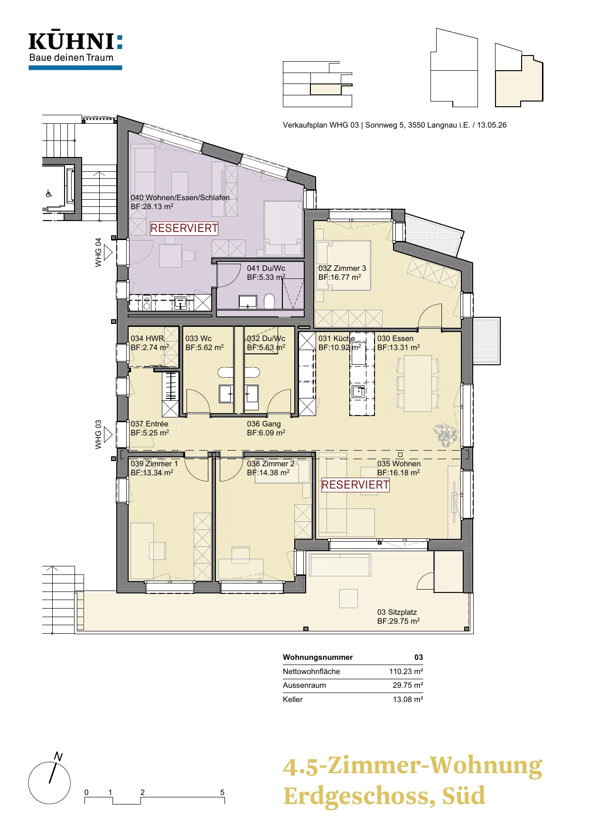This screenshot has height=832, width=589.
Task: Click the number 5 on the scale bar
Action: pos(222,792)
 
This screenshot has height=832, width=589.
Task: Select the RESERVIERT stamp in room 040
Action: pos(184,228)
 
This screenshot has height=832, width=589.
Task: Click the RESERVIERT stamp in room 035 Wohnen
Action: pos(355,485)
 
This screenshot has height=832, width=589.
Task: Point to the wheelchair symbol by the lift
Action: pos(48,193)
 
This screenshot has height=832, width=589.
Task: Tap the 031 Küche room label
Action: pos(337,338)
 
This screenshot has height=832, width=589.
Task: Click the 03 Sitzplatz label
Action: pos(397,612)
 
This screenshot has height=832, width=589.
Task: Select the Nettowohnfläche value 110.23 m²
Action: pos(406,671)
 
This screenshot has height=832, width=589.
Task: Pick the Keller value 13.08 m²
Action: pos(408,699)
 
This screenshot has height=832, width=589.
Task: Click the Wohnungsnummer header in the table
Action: pos(318,657)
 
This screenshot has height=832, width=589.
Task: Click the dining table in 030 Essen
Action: pos(418,383)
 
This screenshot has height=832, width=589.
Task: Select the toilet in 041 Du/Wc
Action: pos(269,301)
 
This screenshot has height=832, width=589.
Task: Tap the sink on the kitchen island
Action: pos(358,391)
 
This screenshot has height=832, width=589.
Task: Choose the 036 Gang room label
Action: pos(264,424)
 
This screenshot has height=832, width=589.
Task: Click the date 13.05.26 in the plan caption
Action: pos(492,125)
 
